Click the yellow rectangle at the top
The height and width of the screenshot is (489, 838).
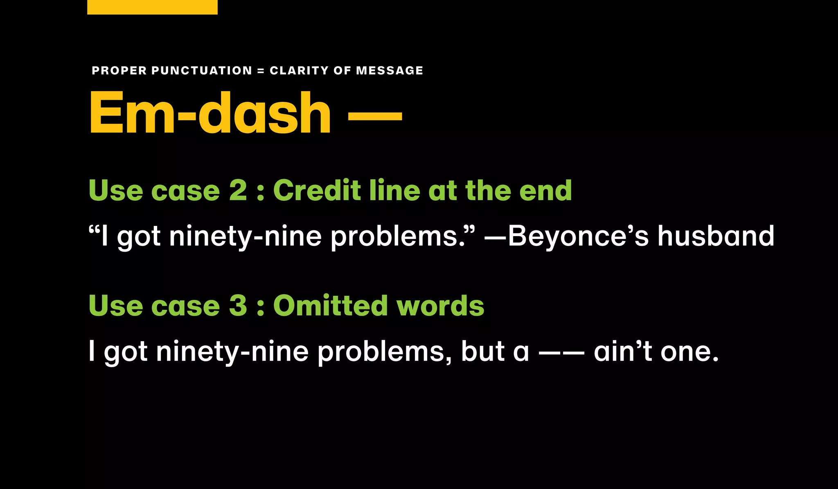tap(152, 7)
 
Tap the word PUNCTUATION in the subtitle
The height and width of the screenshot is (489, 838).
tap(202, 70)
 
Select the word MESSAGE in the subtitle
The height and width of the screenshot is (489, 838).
tap(390, 70)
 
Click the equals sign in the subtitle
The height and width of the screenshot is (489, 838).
tap(261, 71)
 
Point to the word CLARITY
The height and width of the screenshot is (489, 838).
tap(300, 70)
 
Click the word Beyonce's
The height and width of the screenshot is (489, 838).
tap(578, 236)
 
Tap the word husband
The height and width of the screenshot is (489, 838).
tap(716, 236)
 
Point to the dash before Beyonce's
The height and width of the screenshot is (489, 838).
tap(496, 237)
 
